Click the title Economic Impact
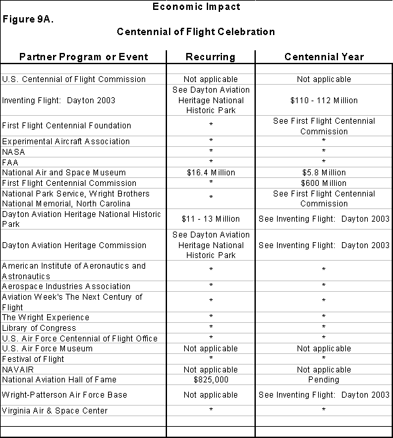click(196, 7)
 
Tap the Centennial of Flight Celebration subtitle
click(196, 32)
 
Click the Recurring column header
click(210, 57)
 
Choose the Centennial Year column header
click(324, 57)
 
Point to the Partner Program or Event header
click(84, 57)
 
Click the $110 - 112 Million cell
click(324, 101)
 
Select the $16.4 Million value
click(211, 173)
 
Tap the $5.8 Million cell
click(324, 173)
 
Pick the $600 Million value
click(324, 183)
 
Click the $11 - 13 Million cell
click(211, 219)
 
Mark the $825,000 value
click(211, 380)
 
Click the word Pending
click(324, 380)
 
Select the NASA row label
click(14, 152)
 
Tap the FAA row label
click(11, 163)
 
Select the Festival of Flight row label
click(33, 359)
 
